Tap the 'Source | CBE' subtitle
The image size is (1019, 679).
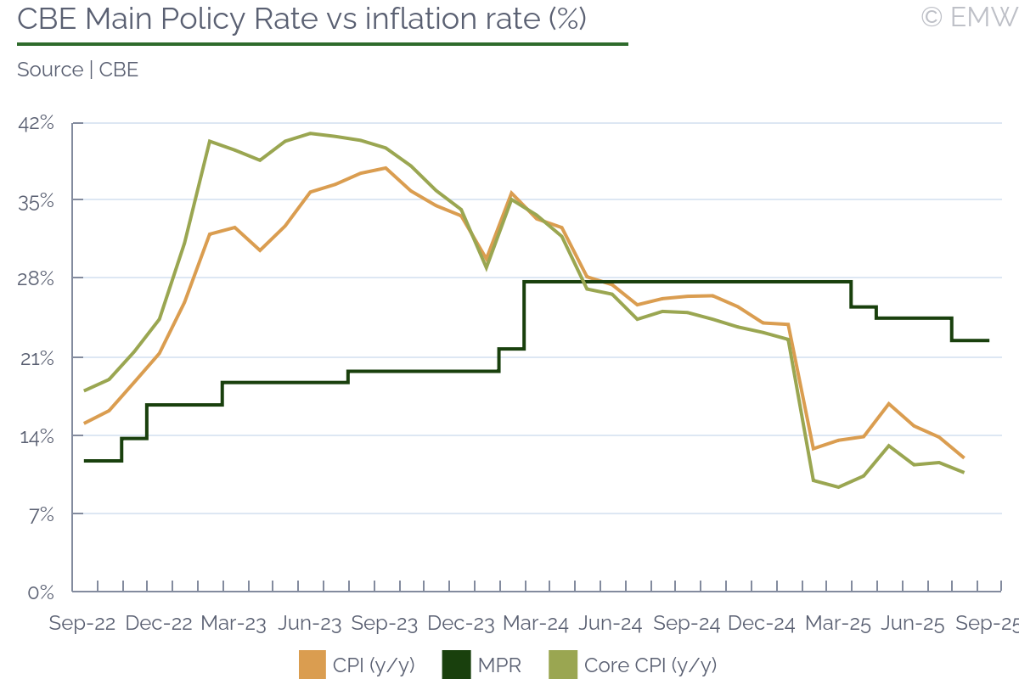pyautogui.click(x=77, y=70)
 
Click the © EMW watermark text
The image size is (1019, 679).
pyautogui.click(x=969, y=16)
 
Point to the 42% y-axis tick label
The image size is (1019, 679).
pyautogui.click(x=36, y=124)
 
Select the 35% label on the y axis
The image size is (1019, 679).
pyautogui.click(x=37, y=201)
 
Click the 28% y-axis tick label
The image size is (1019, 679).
pyautogui.click(x=37, y=279)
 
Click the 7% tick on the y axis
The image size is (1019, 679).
pyautogui.click(x=41, y=514)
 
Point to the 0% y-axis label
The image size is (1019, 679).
pyautogui.click(x=41, y=592)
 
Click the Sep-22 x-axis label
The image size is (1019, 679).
pyautogui.click(x=82, y=624)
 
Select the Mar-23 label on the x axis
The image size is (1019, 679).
pyautogui.click(x=234, y=624)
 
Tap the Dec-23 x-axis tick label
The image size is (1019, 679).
pyautogui.click(x=460, y=624)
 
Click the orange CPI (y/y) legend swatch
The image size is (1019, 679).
pyautogui.click(x=312, y=665)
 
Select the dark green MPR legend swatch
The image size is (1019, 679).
pyautogui.click(x=456, y=665)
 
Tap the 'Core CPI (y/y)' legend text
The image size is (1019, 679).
pyautogui.click(x=650, y=665)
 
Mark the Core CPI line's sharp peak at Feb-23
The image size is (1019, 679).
pyautogui.click(x=209, y=141)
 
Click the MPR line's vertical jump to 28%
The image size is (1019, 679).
pyautogui.click(x=524, y=314)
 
